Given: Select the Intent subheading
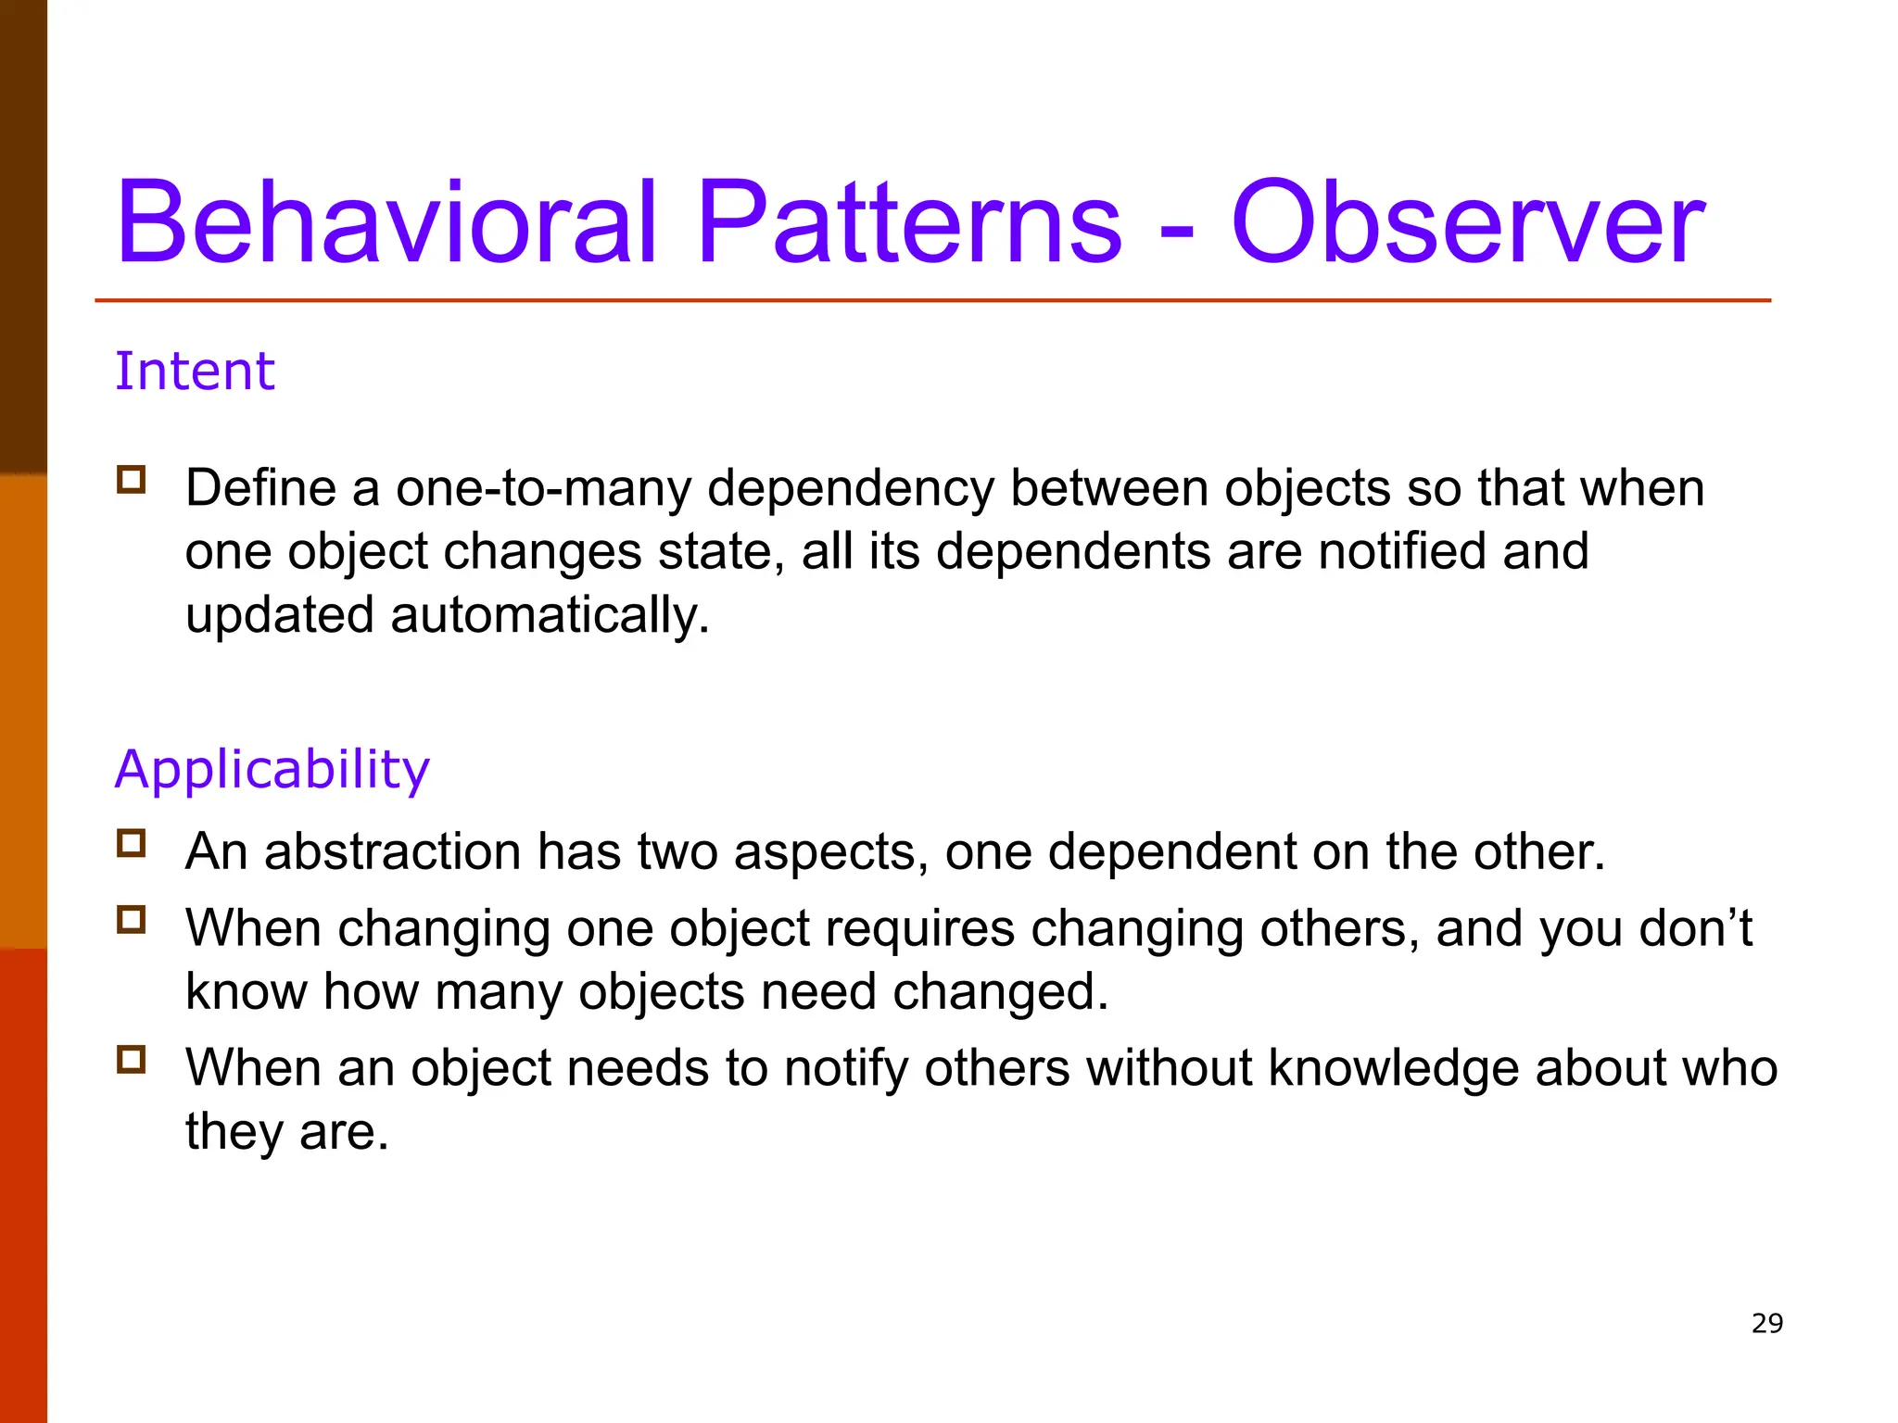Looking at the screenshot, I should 195,371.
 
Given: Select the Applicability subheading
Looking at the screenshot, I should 272,770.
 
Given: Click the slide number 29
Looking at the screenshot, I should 1766,1323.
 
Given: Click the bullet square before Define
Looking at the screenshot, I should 132,480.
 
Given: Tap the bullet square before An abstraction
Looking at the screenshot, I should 132,843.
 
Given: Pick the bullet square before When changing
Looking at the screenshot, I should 132,920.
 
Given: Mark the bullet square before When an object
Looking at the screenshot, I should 132,1059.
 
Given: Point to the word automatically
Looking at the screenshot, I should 550,616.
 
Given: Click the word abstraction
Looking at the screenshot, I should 393,851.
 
